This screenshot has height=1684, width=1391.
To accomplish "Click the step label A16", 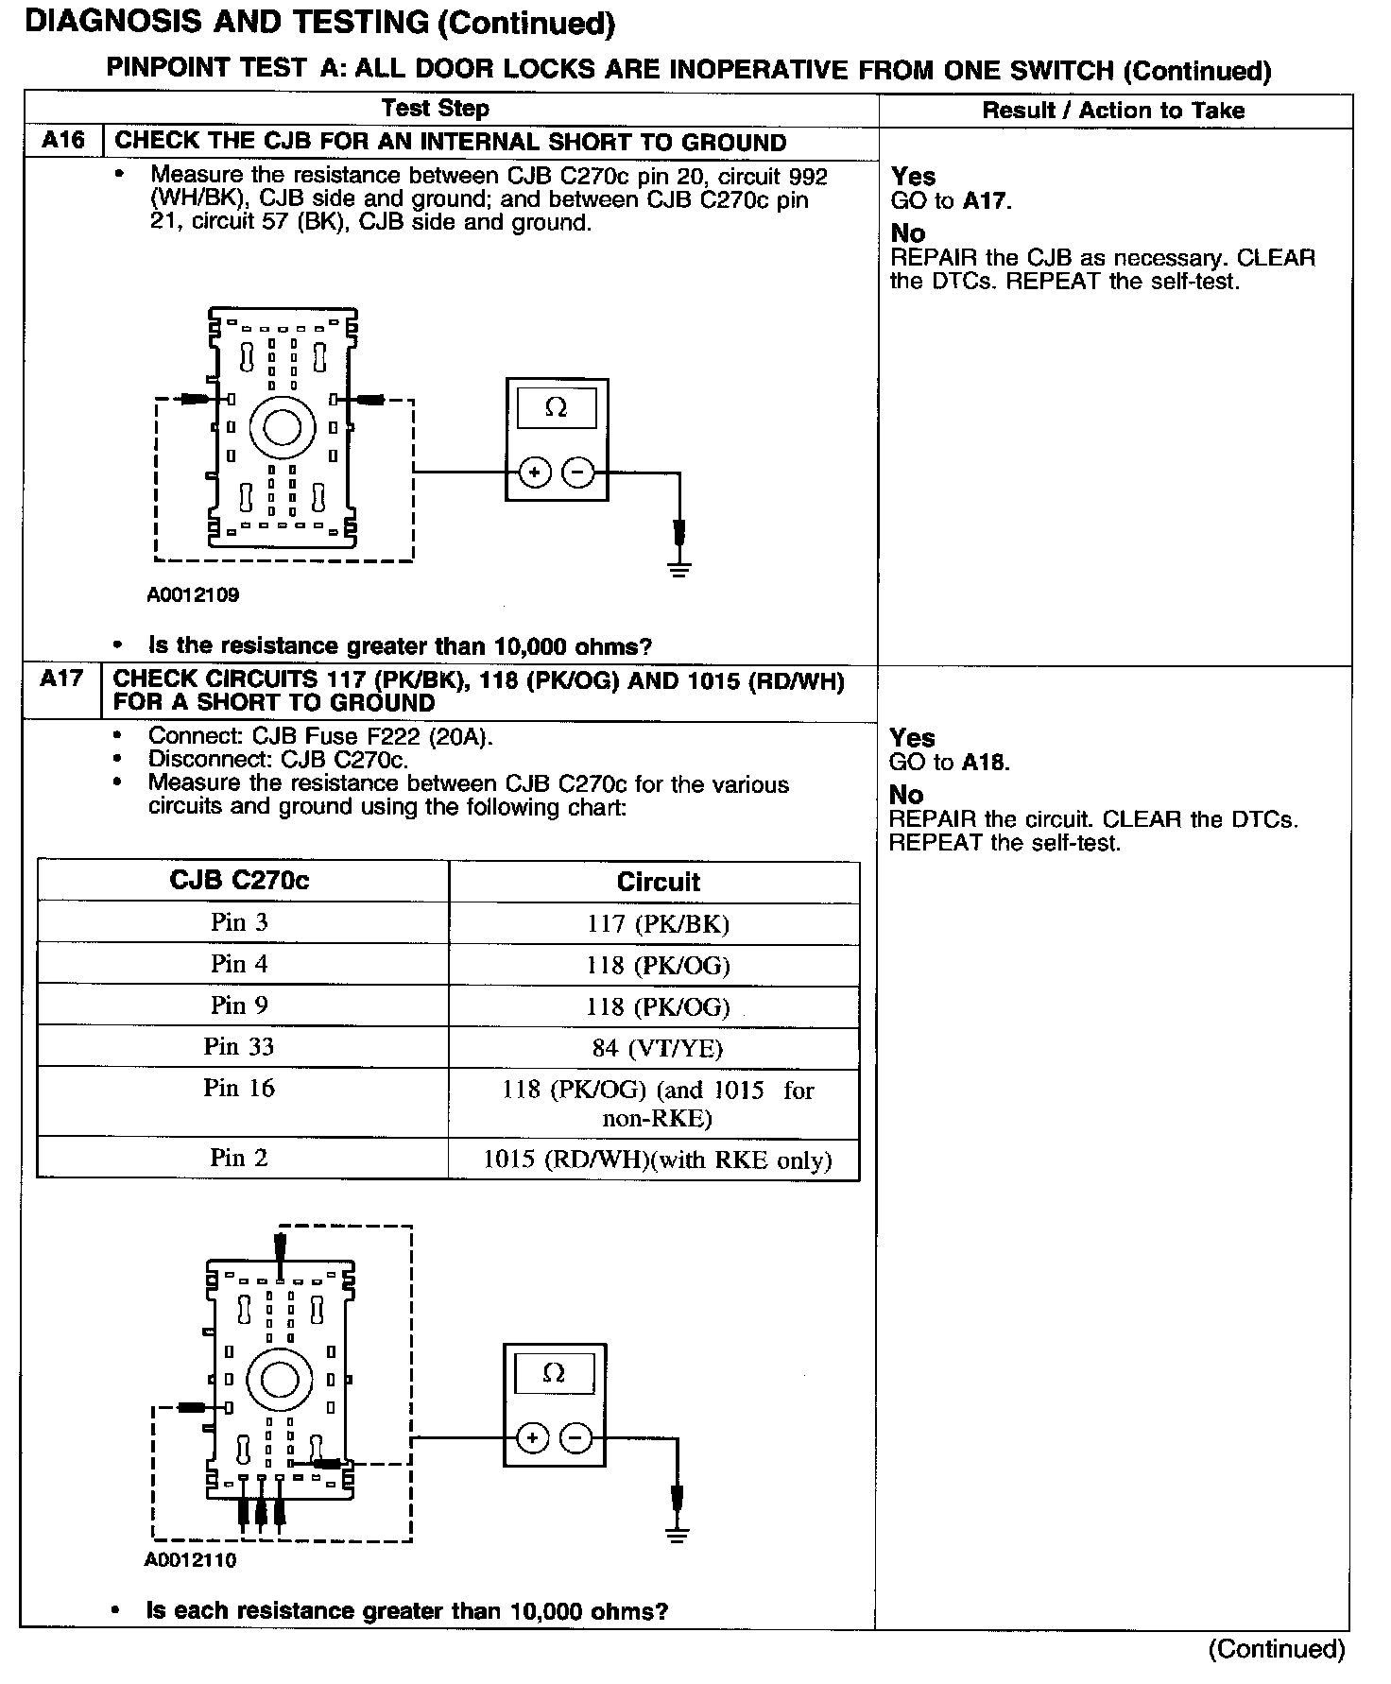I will pyautogui.click(x=62, y=142).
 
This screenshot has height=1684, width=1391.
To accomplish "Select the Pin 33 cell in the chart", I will pyautogui.click(x=239, y=1046).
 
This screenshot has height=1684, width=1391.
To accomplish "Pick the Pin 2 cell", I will pyautogui.click(x=239, y=1158).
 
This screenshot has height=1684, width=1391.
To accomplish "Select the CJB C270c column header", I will pyautogui.click(x=239, y=881).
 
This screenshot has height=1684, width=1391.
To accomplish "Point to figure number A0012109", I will pyautogui.click(x=193, y=595).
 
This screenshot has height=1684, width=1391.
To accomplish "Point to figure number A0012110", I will pyautogui.click(x=190, y=1560).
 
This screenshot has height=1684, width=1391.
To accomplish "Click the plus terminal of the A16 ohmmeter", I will pyautogui.click(x=534, y=472).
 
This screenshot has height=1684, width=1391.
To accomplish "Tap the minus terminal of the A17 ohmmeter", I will pyautogui.click(x=576, y=1438).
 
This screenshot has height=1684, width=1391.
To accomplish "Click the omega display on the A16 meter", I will pyautogui.click(x=557, y=408).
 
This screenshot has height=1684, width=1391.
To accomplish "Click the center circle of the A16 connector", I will pyautogui.click(x=282, y=428).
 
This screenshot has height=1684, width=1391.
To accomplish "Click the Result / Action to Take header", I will pyautogui.click(x=1113, y=111).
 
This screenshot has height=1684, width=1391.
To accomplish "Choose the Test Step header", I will pyautogui.click(x=436, y=109).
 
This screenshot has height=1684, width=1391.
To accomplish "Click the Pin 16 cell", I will pyautogui.click(x=239, y=1089).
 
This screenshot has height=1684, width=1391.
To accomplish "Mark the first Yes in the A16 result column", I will pyautogui.click(x=913, y=177).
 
